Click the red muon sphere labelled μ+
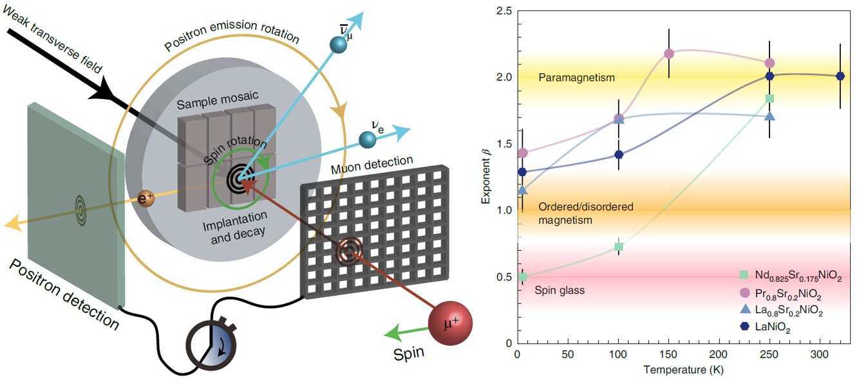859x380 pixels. (x=451, y=321)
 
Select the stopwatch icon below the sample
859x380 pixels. (x=211, y=340)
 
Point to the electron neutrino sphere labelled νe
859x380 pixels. (x=368, y=139)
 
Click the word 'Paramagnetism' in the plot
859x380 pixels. (x=576, y=78)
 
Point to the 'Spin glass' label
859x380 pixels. (x=560, y=291)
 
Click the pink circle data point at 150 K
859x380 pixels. (x=669, y=53)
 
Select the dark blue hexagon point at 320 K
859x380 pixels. (x=840, y=76)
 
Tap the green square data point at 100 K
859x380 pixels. (x=619, y=247)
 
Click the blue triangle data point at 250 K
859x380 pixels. (x=769, y=116)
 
